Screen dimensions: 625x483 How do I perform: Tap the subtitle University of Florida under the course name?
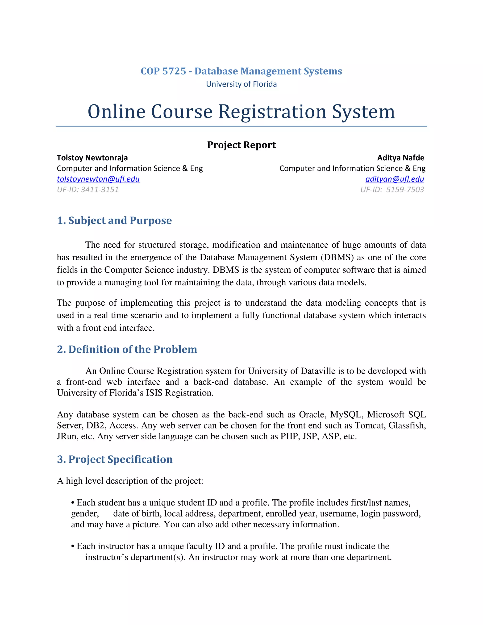241,84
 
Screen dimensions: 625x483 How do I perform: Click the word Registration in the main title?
272,112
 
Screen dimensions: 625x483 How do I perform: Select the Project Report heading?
241,145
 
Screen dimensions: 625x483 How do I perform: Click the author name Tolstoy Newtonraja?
92,158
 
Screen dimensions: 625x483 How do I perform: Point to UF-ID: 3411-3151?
87,189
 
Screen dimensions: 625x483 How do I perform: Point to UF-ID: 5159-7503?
392,189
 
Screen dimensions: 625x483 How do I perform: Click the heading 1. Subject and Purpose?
114,220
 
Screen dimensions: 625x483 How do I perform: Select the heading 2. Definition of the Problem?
127,350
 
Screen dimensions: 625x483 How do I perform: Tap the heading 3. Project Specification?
115,459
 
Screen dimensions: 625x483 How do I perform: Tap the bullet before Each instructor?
73,546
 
